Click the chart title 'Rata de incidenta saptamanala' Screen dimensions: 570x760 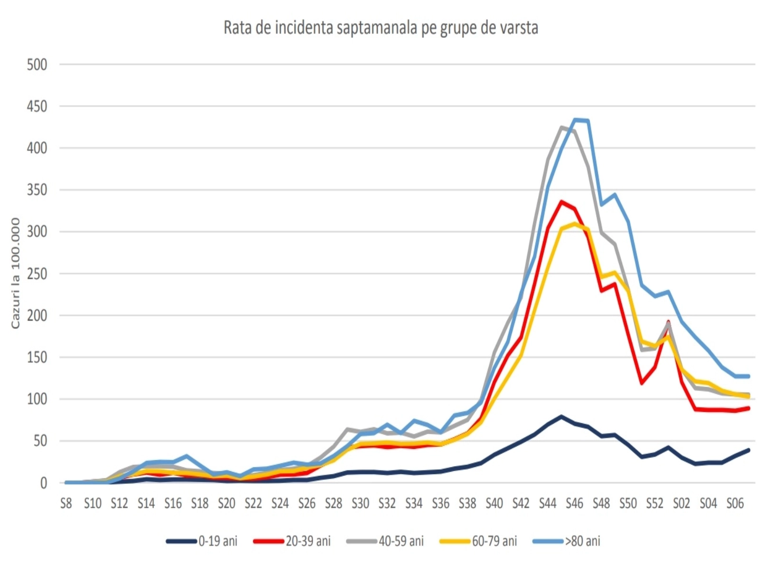tap(380, 28)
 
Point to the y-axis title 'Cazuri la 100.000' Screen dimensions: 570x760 tap(16, 273)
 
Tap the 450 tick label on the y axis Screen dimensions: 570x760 tap(37, 106)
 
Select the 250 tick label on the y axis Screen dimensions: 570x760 tap(37, 274)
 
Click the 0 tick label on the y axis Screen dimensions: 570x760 tap(44, 483)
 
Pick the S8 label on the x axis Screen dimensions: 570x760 tap(66, 503)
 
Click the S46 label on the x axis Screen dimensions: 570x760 tap(574, 503)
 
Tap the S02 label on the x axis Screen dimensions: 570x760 tap(681, 503)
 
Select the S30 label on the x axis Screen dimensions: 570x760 tap(360, 503)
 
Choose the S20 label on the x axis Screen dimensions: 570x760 tap(227, 503)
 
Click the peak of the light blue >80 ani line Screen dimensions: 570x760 tap(575, 120)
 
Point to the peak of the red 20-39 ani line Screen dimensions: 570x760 tap(561, 201)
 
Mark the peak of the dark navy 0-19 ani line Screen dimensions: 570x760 tap(561, 417)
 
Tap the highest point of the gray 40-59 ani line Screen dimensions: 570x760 tap(561, 127)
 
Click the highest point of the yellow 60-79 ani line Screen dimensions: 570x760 tap(575, 224)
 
